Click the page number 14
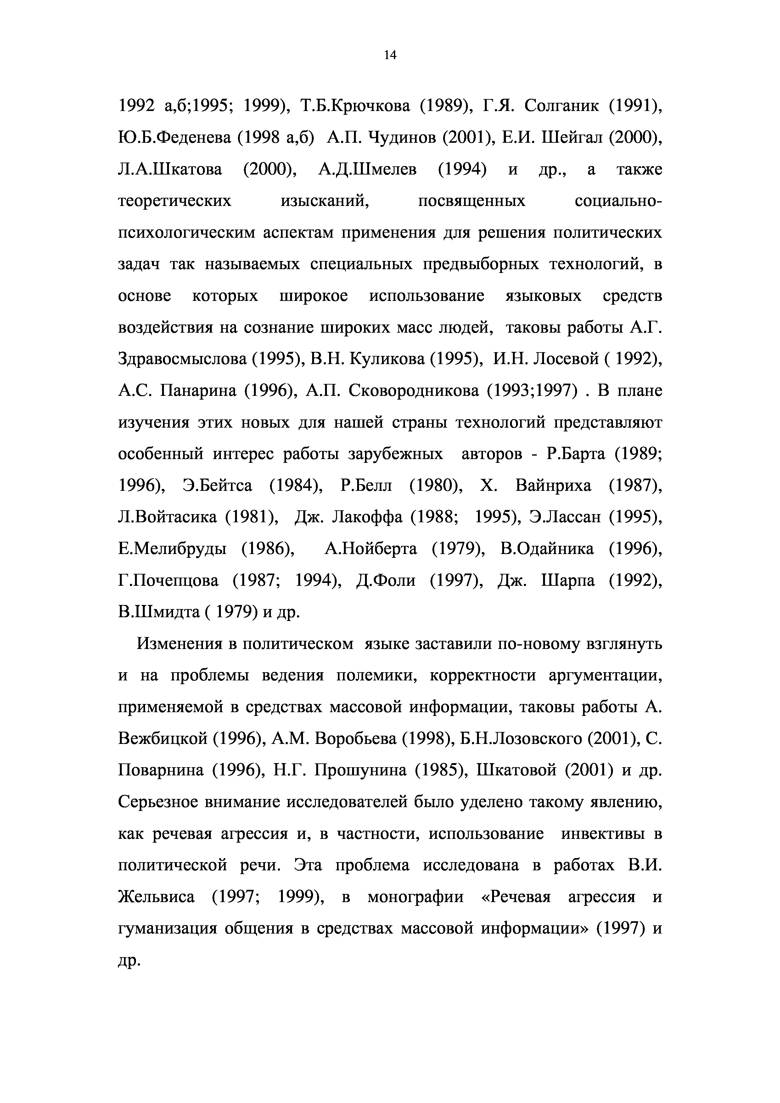pyautogui.click(x=390, y=56)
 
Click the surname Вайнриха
pyautogui.click(x=553, y=486)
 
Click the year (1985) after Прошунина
pyautogui.click(x=441, y=771)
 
